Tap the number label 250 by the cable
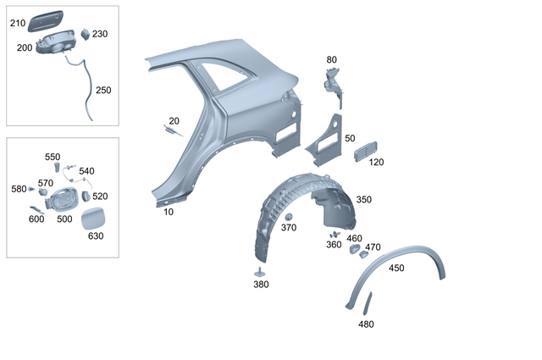coord(102,90)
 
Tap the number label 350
coord(363,200)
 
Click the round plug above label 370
coord(289,217)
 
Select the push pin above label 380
coord(259,272)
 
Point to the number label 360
coord(334,245)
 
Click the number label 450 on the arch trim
coord(395,268)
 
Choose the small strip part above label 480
coord(368,302)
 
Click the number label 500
coord(64,219)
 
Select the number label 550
coord(53,157)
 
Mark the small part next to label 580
coord(32,188)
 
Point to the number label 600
coord(36,219)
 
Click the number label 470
coord(373,247)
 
